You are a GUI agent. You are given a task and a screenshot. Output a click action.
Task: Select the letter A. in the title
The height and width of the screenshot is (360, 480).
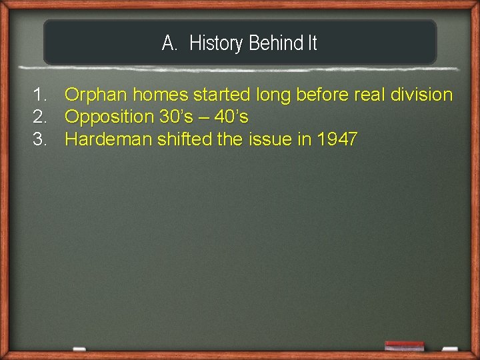pyautogui.click(x=169, y=44)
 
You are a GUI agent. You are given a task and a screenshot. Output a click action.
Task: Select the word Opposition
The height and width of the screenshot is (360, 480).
pyautogui.click(x=109, y=117)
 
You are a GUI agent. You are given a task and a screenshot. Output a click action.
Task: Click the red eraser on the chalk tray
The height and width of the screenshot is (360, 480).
pyautogui.click(x=404, y=345)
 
